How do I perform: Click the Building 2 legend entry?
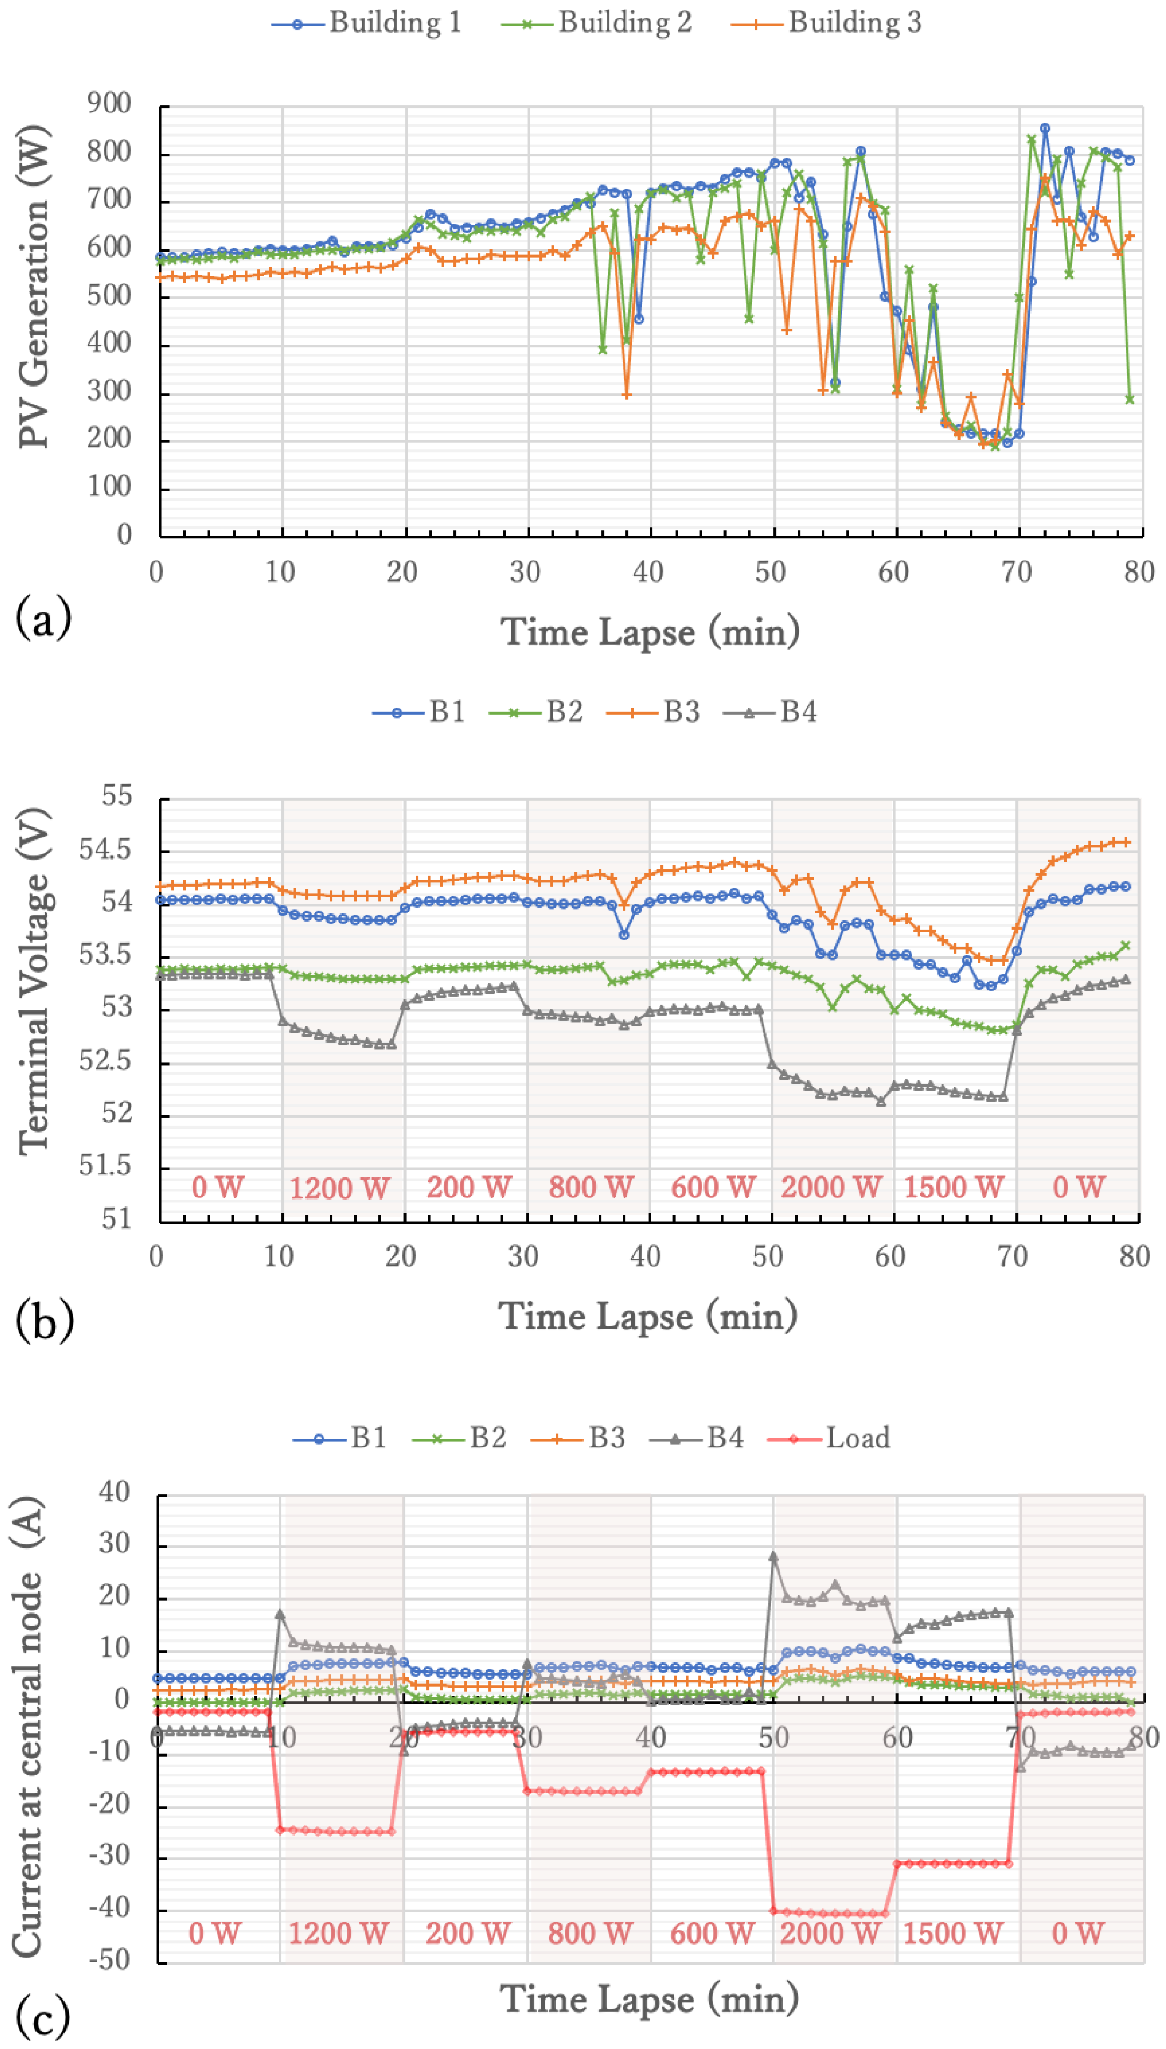point(596,23)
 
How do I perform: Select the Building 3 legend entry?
point(827,23)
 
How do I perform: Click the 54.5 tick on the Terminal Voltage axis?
point(104,849)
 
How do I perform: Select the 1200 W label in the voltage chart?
point(339,1188)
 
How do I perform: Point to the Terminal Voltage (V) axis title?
point(34,982)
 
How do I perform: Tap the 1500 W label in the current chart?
point(953,1933)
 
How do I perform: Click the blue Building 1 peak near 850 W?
point(1044,128)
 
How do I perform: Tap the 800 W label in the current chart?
point(590,1933)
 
